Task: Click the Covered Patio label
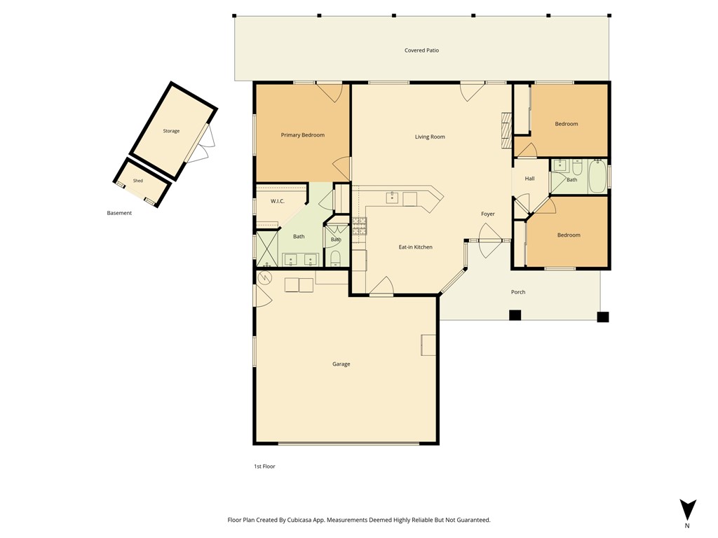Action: [x=421, y=50]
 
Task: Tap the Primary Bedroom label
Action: [x=303, y=135]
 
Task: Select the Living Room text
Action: [x=430, y=137]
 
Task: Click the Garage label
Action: [x=341, y=364]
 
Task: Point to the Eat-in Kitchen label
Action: [x=415, y=247]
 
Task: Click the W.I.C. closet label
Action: [x=278, y=201]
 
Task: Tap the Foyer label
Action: [x=488, y=214]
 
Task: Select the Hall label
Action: [x=529, y=179]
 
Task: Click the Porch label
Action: [x=518, y=292]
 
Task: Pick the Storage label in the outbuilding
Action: [x=171, y=131]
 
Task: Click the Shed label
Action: [x=138, y=181]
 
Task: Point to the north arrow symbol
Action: [x=687, y=510]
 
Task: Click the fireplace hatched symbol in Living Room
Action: [x=506, y=130]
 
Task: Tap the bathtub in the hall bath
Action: [x=597, y=176]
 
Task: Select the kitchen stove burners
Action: [x=359, y=226]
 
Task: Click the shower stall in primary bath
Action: [x=266, y=249]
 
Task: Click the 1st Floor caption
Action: [x=264, y=466]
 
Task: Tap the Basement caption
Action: [x=119, y=213]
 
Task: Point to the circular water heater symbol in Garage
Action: [x=265, y=277]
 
